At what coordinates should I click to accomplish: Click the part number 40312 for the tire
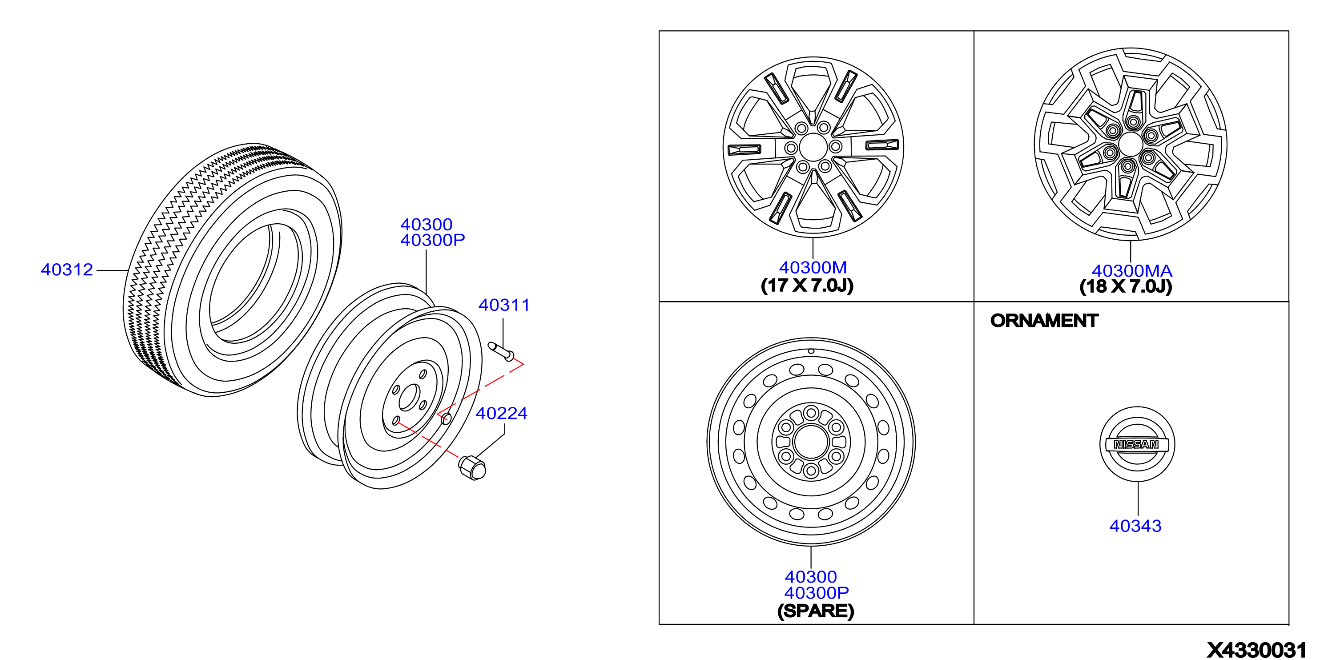coord(67,270)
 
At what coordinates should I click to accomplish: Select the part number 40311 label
coord(504,305)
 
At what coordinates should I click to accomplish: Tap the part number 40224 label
coord(502,414)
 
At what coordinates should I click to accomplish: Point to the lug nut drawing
coord(472,467)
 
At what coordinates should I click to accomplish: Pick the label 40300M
coord(813,268)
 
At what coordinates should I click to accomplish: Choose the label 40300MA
coord(1132,271)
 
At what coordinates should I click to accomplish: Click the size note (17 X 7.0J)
coord(807,285)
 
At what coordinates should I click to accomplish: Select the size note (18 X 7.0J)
coord(1126,287)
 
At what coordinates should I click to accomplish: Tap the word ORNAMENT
coord(1044,321)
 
